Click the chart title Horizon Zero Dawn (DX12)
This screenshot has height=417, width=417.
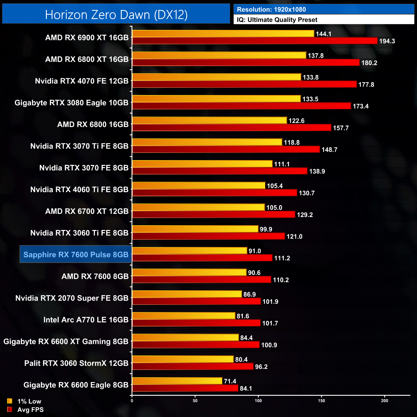tap(116, 15)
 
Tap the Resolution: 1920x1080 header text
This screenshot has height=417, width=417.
tap(271, 10)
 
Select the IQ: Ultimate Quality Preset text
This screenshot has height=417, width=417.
tap(277, 20)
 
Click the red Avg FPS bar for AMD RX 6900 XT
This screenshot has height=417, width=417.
tap(255, 41)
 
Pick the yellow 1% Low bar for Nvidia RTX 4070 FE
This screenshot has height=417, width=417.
tap(217, 77)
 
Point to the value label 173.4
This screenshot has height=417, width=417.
tap(361, 106)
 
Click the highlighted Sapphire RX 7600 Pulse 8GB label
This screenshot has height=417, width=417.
tap(76, 255)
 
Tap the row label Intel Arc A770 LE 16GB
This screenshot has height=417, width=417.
tap(86, 320)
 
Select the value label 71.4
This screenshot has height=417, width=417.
tap(230, 381)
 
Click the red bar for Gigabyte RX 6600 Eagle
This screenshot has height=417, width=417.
tap(185, 388)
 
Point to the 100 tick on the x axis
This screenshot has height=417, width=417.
tap(258, 401)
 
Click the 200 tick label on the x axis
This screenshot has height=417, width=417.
tap(384, 401)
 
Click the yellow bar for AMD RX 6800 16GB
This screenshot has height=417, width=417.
tap(209, 121)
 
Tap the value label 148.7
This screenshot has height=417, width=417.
tap(329, 150)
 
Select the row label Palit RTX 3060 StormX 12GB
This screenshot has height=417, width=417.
tap(76, 363)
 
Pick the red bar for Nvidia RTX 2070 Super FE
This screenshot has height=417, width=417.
tap(196, 302)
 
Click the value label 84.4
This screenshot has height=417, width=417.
tap(246, 338)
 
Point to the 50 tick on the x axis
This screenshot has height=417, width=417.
tap(195, 401)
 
